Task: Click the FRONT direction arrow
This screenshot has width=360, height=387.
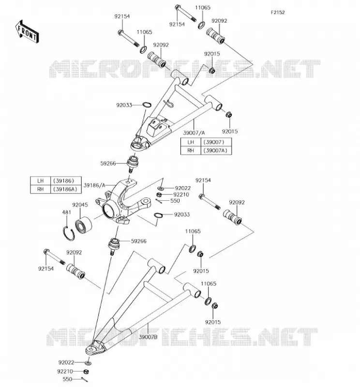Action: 27,32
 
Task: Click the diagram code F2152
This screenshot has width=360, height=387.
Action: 278,13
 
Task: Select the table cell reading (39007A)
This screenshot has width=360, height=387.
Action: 216,150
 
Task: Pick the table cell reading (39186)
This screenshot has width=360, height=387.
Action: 65,180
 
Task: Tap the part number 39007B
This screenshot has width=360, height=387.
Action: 148,337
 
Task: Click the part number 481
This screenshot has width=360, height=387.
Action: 66,212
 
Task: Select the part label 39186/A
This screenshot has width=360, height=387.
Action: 94,185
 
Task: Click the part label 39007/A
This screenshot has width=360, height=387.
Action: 194,133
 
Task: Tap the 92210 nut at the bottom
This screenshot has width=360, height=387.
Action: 86,372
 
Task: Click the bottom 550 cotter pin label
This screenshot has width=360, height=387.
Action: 67,379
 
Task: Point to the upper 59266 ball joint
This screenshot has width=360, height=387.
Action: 133,163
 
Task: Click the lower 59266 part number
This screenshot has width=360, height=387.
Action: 138,241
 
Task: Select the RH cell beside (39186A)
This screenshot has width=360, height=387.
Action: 41,189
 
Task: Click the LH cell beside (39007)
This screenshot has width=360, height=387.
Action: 191,142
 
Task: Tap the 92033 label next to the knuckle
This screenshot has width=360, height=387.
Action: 182,215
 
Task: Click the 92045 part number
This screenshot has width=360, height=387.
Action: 80,205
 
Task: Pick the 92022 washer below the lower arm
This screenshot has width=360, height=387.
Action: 88,363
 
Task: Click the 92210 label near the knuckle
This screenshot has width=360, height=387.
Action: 181,195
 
